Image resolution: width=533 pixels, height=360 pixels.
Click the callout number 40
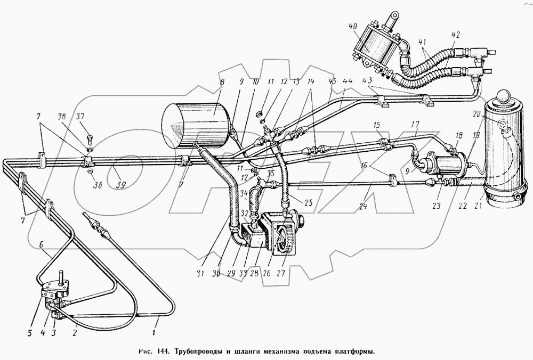point(352,27)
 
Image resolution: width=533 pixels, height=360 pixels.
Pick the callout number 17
point(415,126)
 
